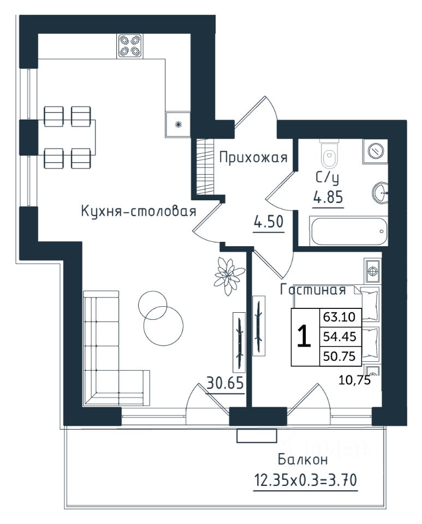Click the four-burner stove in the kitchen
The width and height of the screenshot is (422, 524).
tap(130, 46)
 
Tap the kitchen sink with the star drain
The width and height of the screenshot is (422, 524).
tap(178, 124)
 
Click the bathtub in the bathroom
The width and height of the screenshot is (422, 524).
tap(349, 231)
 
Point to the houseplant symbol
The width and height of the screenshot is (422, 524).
tap(229, 276)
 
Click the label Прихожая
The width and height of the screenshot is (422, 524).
tap(253, 157)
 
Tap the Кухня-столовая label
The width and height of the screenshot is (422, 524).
tap(138, 211)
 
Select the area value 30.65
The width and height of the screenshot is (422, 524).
tap(225, 383)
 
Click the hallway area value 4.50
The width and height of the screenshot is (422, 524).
tap(269, 222)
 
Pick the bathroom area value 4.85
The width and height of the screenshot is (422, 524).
tap(328, 197)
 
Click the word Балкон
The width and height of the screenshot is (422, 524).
tap(303, 460)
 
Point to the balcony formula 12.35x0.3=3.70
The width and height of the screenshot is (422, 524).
tap(305, 480)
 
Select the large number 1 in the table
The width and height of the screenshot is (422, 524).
tap(305, 337)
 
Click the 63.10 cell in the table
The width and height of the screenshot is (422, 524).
tap(339, 316)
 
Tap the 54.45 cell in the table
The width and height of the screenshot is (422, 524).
tap(339, 336)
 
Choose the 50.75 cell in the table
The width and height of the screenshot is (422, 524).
tap(339, 356)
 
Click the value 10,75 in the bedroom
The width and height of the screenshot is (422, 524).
tap(354, 380)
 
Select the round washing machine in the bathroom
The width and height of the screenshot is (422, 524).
tap(376, 151)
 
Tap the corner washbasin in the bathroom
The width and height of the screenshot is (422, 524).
tap(380, 193)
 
